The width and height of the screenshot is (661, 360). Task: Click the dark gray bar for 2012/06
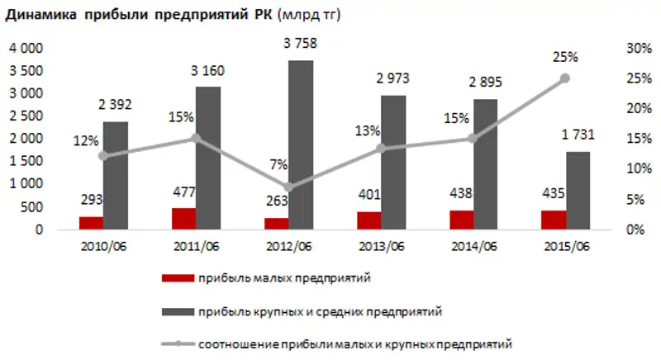tap(302, 145)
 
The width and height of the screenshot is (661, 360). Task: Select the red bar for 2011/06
tap(184, 219)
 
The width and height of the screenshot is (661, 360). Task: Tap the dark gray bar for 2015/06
tap(578, 191)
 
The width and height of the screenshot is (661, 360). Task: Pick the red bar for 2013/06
tap(369, 220)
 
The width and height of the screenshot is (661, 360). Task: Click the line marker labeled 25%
tap(565, 78)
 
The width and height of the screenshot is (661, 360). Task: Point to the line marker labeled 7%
tap(288, 187)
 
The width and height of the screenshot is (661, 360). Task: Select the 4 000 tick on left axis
tap(26, 49)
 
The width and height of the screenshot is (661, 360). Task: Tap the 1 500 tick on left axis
tap(26, 162)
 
